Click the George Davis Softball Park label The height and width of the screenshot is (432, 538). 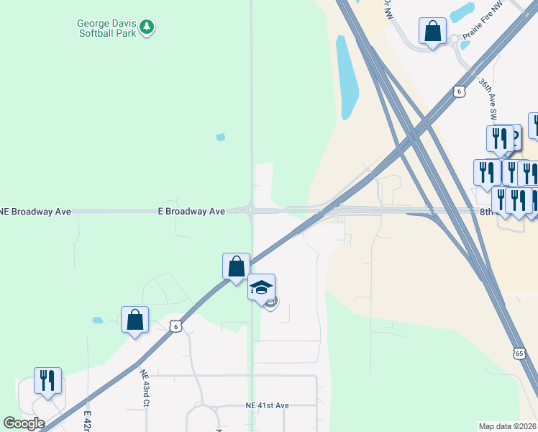tap(107, 27)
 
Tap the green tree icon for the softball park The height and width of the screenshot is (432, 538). tap(147, 27)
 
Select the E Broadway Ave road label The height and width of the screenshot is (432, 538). tap(191, 212)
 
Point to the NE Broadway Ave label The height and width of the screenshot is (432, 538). tap(35, 212)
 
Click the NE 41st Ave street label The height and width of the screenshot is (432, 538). tap(267, 406)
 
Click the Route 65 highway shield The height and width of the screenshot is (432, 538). tap(519, 353)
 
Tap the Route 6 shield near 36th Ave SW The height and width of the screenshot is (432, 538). tap(458, 91)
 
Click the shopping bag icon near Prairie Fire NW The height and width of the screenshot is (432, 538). tap(432, 32)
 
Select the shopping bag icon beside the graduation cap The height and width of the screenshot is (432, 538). tap(236, 267)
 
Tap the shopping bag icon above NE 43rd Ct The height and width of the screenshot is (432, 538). tap(134, 320)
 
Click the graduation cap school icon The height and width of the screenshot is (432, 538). tap(261, 288)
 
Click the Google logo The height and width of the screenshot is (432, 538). tap(23, 423)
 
